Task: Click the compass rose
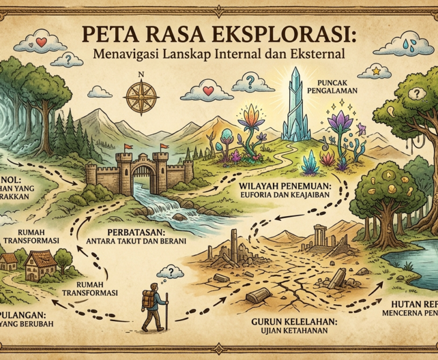tap(142, 95)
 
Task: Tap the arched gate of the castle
tap(143, 178)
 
